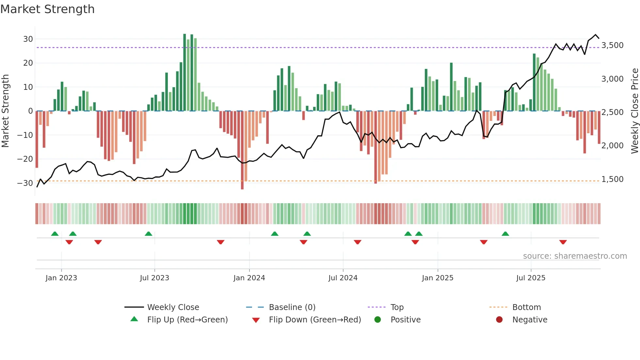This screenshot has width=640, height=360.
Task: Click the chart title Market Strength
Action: point(48,9)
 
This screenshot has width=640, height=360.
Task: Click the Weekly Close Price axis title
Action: point(634,111)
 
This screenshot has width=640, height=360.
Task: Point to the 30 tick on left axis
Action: point(28,39)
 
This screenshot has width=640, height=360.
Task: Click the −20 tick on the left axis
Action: point(25,159)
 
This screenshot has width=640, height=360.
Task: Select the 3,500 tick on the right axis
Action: point(612,45)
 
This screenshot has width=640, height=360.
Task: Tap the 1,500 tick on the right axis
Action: point(612,179)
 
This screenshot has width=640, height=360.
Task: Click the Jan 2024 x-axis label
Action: point(249,278)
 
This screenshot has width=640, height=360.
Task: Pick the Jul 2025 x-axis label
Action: point(531,278)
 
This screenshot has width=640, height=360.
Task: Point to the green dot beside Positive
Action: point(378,320)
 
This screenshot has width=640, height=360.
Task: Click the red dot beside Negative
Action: point(499,320)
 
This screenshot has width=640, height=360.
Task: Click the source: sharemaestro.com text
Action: point(575,256)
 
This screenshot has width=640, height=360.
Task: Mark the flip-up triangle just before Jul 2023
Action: point(149,234)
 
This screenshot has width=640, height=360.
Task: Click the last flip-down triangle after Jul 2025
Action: point(563,242)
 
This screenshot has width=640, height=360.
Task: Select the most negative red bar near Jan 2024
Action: point(242,150)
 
